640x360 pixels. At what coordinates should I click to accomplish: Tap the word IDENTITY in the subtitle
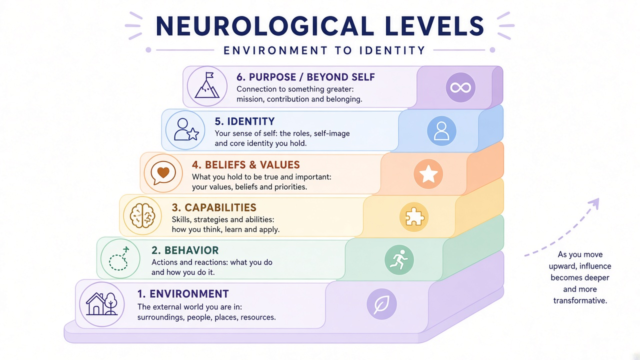point(392,50)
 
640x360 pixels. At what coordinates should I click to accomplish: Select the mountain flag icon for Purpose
point(207,86)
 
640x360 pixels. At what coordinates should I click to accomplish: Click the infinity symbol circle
point(460,87)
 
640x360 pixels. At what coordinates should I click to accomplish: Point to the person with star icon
point(185,130)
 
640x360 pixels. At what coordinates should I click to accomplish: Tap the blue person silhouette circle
point(441,131)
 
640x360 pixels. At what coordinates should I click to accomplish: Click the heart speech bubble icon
point(163,173)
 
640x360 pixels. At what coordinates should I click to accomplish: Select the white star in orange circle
point(428,174)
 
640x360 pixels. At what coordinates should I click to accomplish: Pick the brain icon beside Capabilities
point(142,215)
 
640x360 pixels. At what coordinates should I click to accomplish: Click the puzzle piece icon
point(414,217)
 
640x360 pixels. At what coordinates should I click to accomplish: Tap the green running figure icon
point(399,259)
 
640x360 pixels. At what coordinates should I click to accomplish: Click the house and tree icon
point(101,304)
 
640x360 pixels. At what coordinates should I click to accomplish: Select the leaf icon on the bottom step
point(381,304)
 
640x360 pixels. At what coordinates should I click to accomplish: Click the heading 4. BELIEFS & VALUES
point(245,165)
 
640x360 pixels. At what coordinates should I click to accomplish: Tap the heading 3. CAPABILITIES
point(214,207)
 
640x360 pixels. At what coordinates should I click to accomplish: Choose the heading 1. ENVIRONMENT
point(183,294)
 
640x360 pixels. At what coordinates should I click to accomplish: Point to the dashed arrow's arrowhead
point(594,203)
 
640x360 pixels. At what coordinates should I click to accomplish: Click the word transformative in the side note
point(580,301)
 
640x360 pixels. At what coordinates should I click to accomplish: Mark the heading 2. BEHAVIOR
point(185,250)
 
